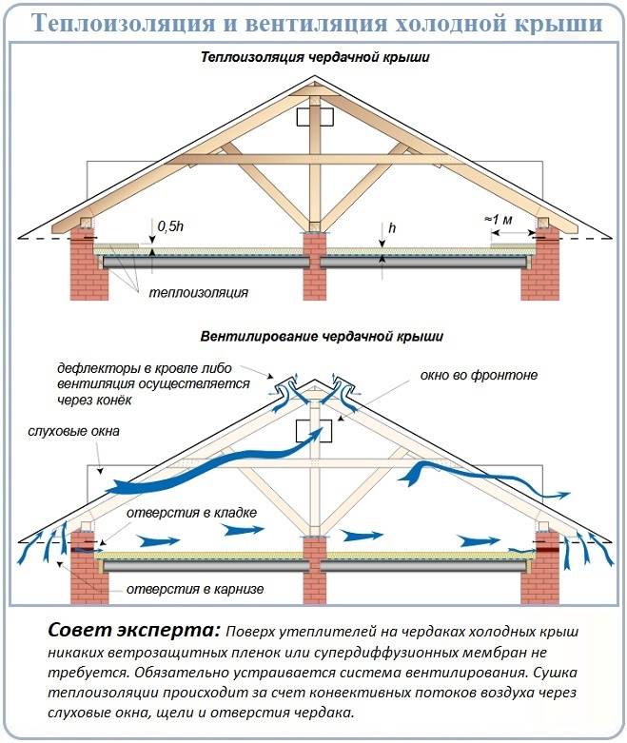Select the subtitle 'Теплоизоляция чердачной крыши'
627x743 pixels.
pyautogui.click(x=314, y=58)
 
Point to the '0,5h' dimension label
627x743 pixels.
pyautogui.click(x=171, y=226)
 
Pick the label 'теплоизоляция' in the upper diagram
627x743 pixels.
pyautogui.click(x=197, y=292)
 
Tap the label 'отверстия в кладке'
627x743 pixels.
pyautogui.click(x=189, y=514)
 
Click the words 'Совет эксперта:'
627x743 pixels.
pyautogui.click(x=133, y=632)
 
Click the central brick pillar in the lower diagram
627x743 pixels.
pyautogui.click(x=314, y=571)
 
